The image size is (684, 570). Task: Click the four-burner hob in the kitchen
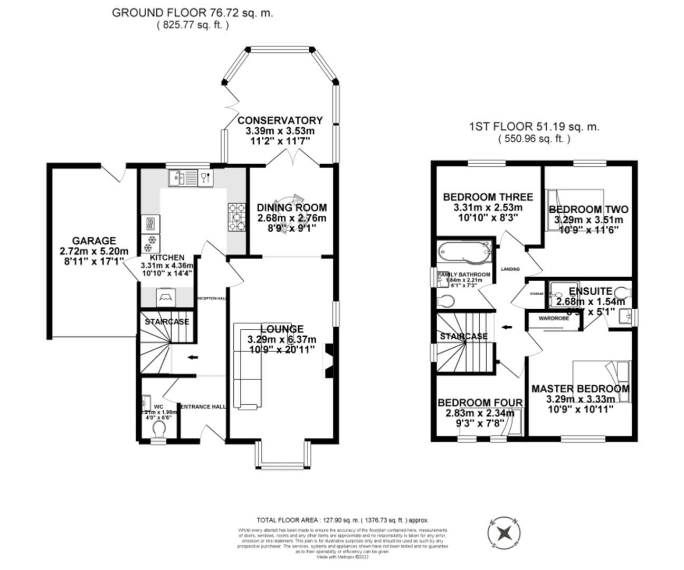point(237,217)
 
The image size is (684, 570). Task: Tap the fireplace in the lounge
point(328,362)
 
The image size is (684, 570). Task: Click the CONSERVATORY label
point(280,120)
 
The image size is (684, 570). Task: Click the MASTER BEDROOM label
point(580,389)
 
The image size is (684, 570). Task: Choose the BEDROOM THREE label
point(488,197)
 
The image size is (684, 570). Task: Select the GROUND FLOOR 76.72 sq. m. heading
point(193,13)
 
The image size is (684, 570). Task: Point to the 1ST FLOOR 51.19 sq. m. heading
point(534,127)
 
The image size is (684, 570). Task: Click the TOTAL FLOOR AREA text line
point(342,520)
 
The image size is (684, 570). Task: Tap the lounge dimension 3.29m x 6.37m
point(282,339)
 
